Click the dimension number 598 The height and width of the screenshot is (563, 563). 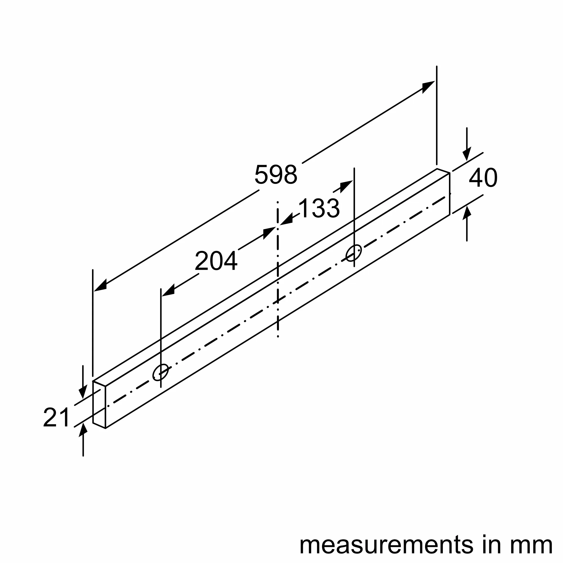click(x=276, y=175)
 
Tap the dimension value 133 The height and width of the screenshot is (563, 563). click(x=319, y=208)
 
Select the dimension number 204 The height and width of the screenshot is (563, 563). click(x=216, y=261)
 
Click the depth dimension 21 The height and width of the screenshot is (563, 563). click(x=56, y=417)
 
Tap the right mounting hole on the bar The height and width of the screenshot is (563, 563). click(x=354, y=253)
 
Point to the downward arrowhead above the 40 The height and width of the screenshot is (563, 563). click(x=467, y=154)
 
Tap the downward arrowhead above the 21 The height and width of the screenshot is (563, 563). click(x=83, y=391)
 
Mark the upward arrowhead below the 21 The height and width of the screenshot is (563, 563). click(x=83, y=430)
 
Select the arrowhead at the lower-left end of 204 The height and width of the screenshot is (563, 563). click(x=169, y=291)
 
